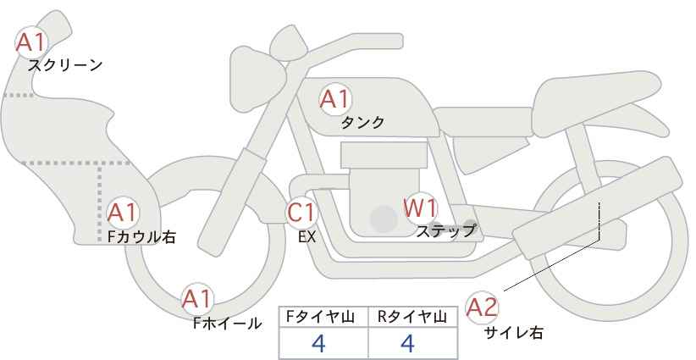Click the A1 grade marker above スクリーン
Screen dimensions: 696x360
click(x=30, y=43)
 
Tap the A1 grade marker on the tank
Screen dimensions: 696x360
click(x=335, y=99)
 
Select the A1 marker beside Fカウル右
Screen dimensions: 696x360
click(x=123, y=213)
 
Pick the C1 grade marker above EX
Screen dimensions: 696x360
click(x=301, y=213)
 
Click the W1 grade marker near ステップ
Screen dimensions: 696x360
click(x=420, y=208)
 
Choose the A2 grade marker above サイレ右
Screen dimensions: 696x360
click(x=482, y=307)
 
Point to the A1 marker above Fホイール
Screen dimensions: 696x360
click(x=197, y=299)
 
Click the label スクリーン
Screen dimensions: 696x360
click(x=65, y=66)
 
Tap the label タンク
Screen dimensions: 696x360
click(x=362, y=122)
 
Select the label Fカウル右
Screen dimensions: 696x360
click(x=141, y=236)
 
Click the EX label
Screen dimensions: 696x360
click(x=307, y=237)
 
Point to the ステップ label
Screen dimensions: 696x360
click(x=445, y=231)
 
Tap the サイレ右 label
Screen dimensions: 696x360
click(x=514, y=332)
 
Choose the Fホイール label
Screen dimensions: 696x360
click(x=227, y=324)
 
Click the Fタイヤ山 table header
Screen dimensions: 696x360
click(x=320, y=317)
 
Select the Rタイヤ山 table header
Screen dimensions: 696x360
click(x=412, y=317)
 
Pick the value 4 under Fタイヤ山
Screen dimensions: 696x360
click(x=318, y=343)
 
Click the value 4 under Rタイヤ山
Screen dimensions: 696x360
click(x=407, y=343)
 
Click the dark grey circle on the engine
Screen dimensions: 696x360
click(x=384, y=219)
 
